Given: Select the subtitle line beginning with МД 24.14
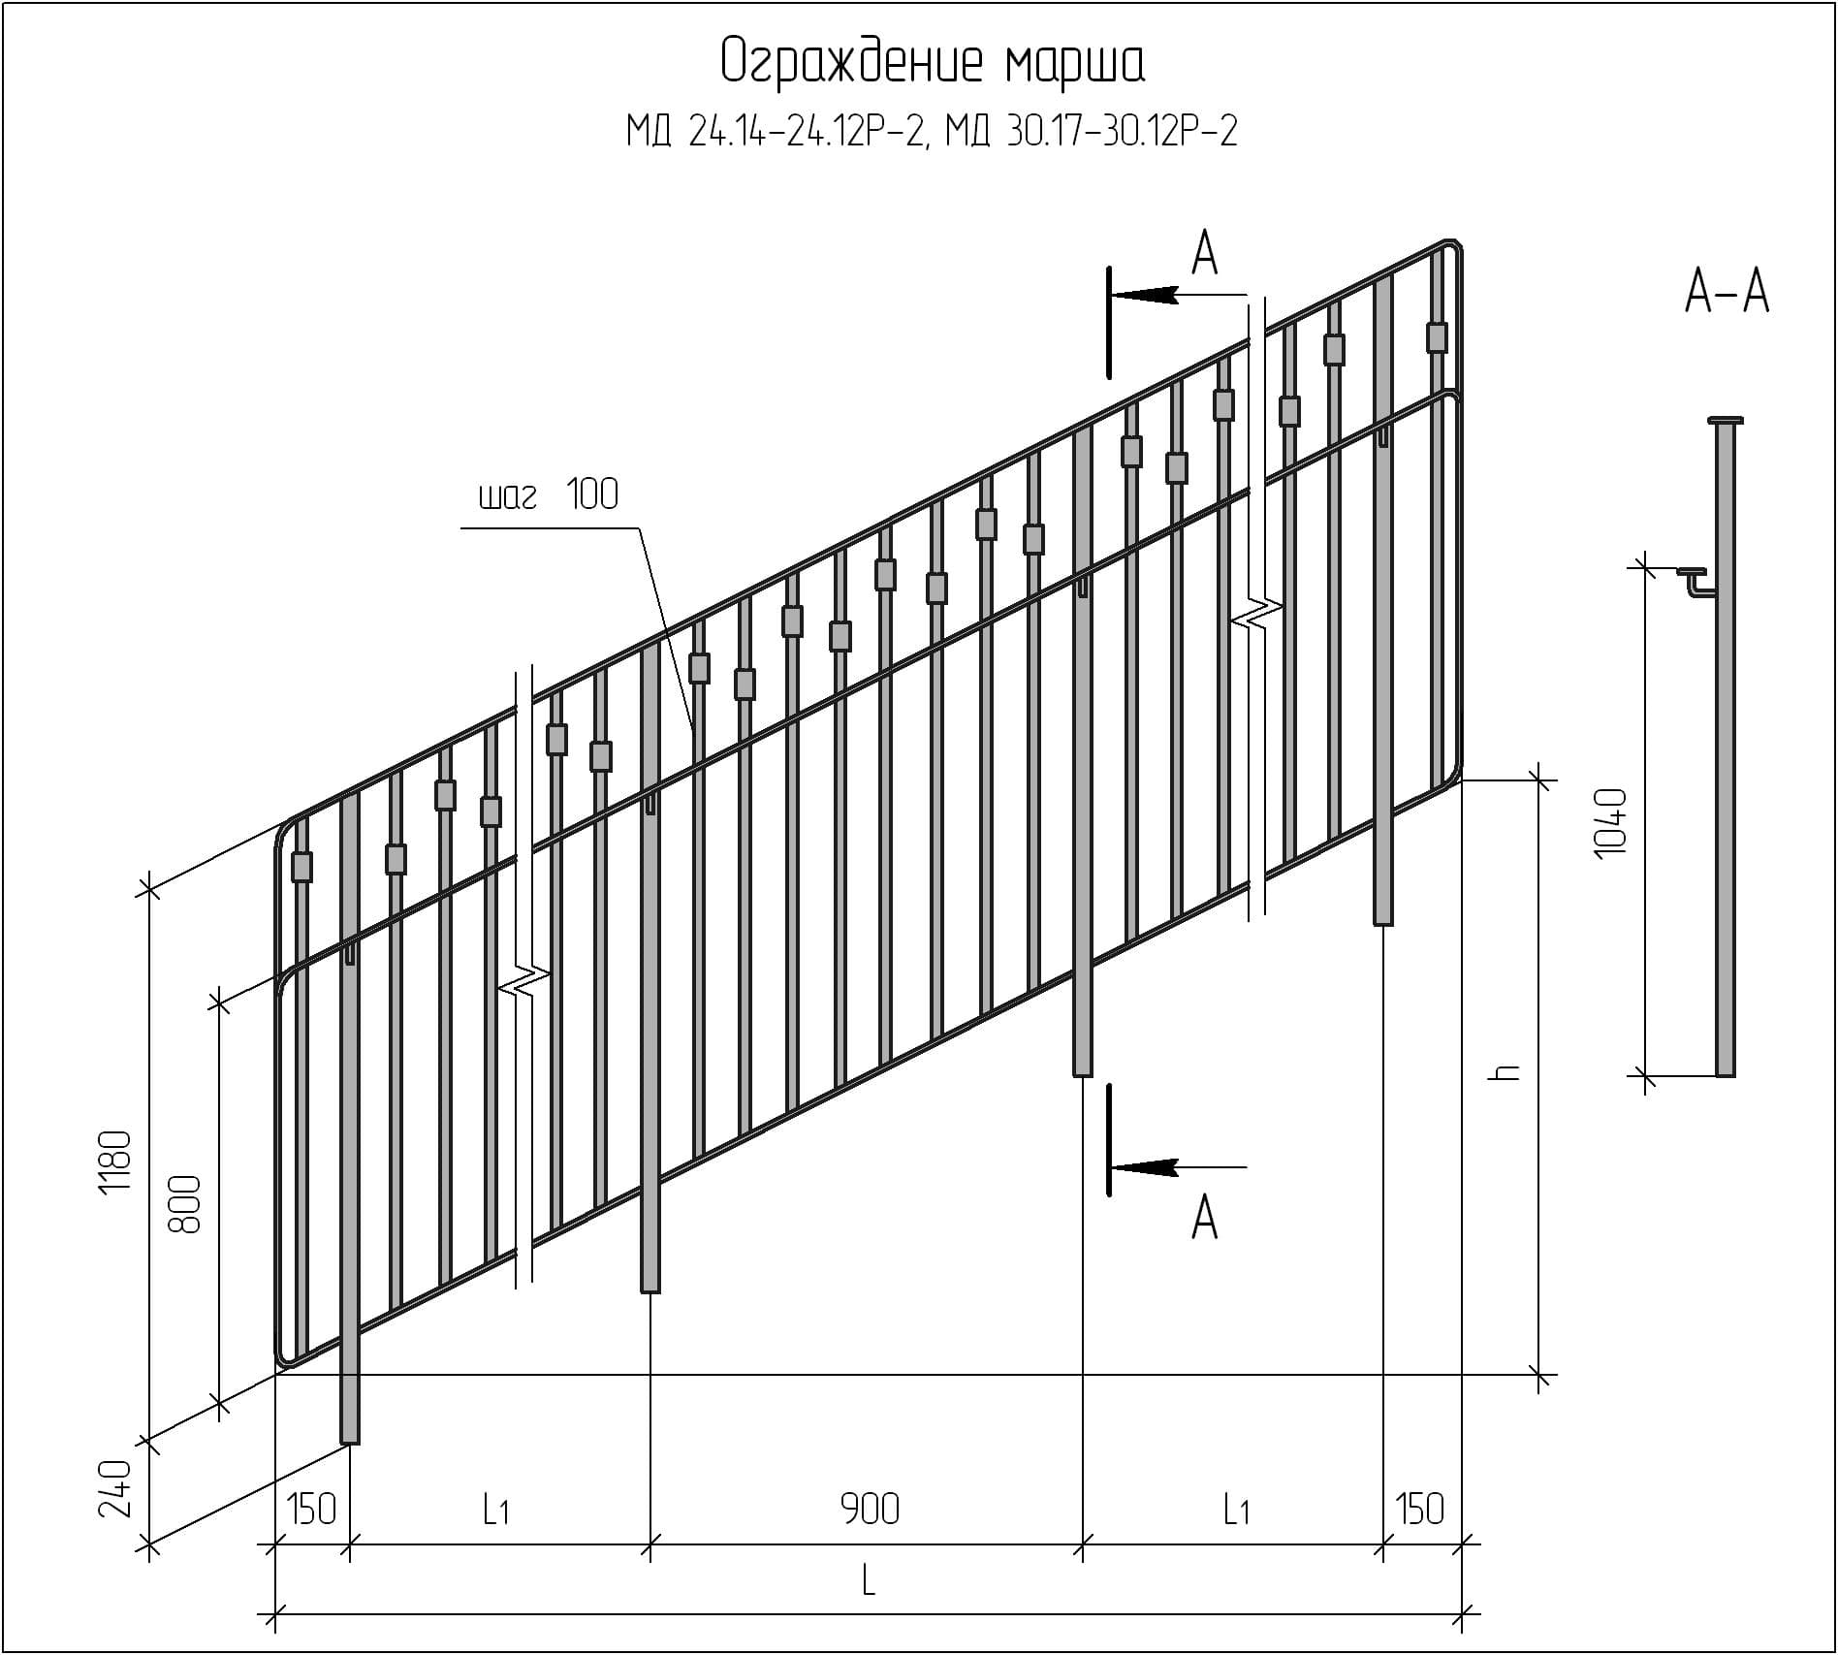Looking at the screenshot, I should (932, 131).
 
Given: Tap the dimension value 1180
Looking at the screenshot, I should (115, 1162).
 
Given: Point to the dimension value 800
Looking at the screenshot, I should (185, 1204).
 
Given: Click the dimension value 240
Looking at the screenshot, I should (115, 1489).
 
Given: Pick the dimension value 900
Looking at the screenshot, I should (870, 1510).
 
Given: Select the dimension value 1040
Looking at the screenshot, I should (1609, 822).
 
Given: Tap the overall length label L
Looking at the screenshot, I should (869, 1582).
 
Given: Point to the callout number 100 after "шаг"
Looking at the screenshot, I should (592, 494).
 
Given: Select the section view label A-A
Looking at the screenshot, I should (1727, 291).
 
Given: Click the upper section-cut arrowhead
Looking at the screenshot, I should (1146, 294).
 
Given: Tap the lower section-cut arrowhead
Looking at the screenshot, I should (1146, 1167).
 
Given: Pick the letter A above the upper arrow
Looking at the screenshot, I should (1204, 255).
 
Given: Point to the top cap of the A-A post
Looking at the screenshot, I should (1726, 421).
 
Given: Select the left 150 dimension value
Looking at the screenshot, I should (312, 1510).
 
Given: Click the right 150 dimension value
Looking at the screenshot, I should (1420, 1510).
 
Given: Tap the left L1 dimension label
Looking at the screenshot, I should (495, 1510).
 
